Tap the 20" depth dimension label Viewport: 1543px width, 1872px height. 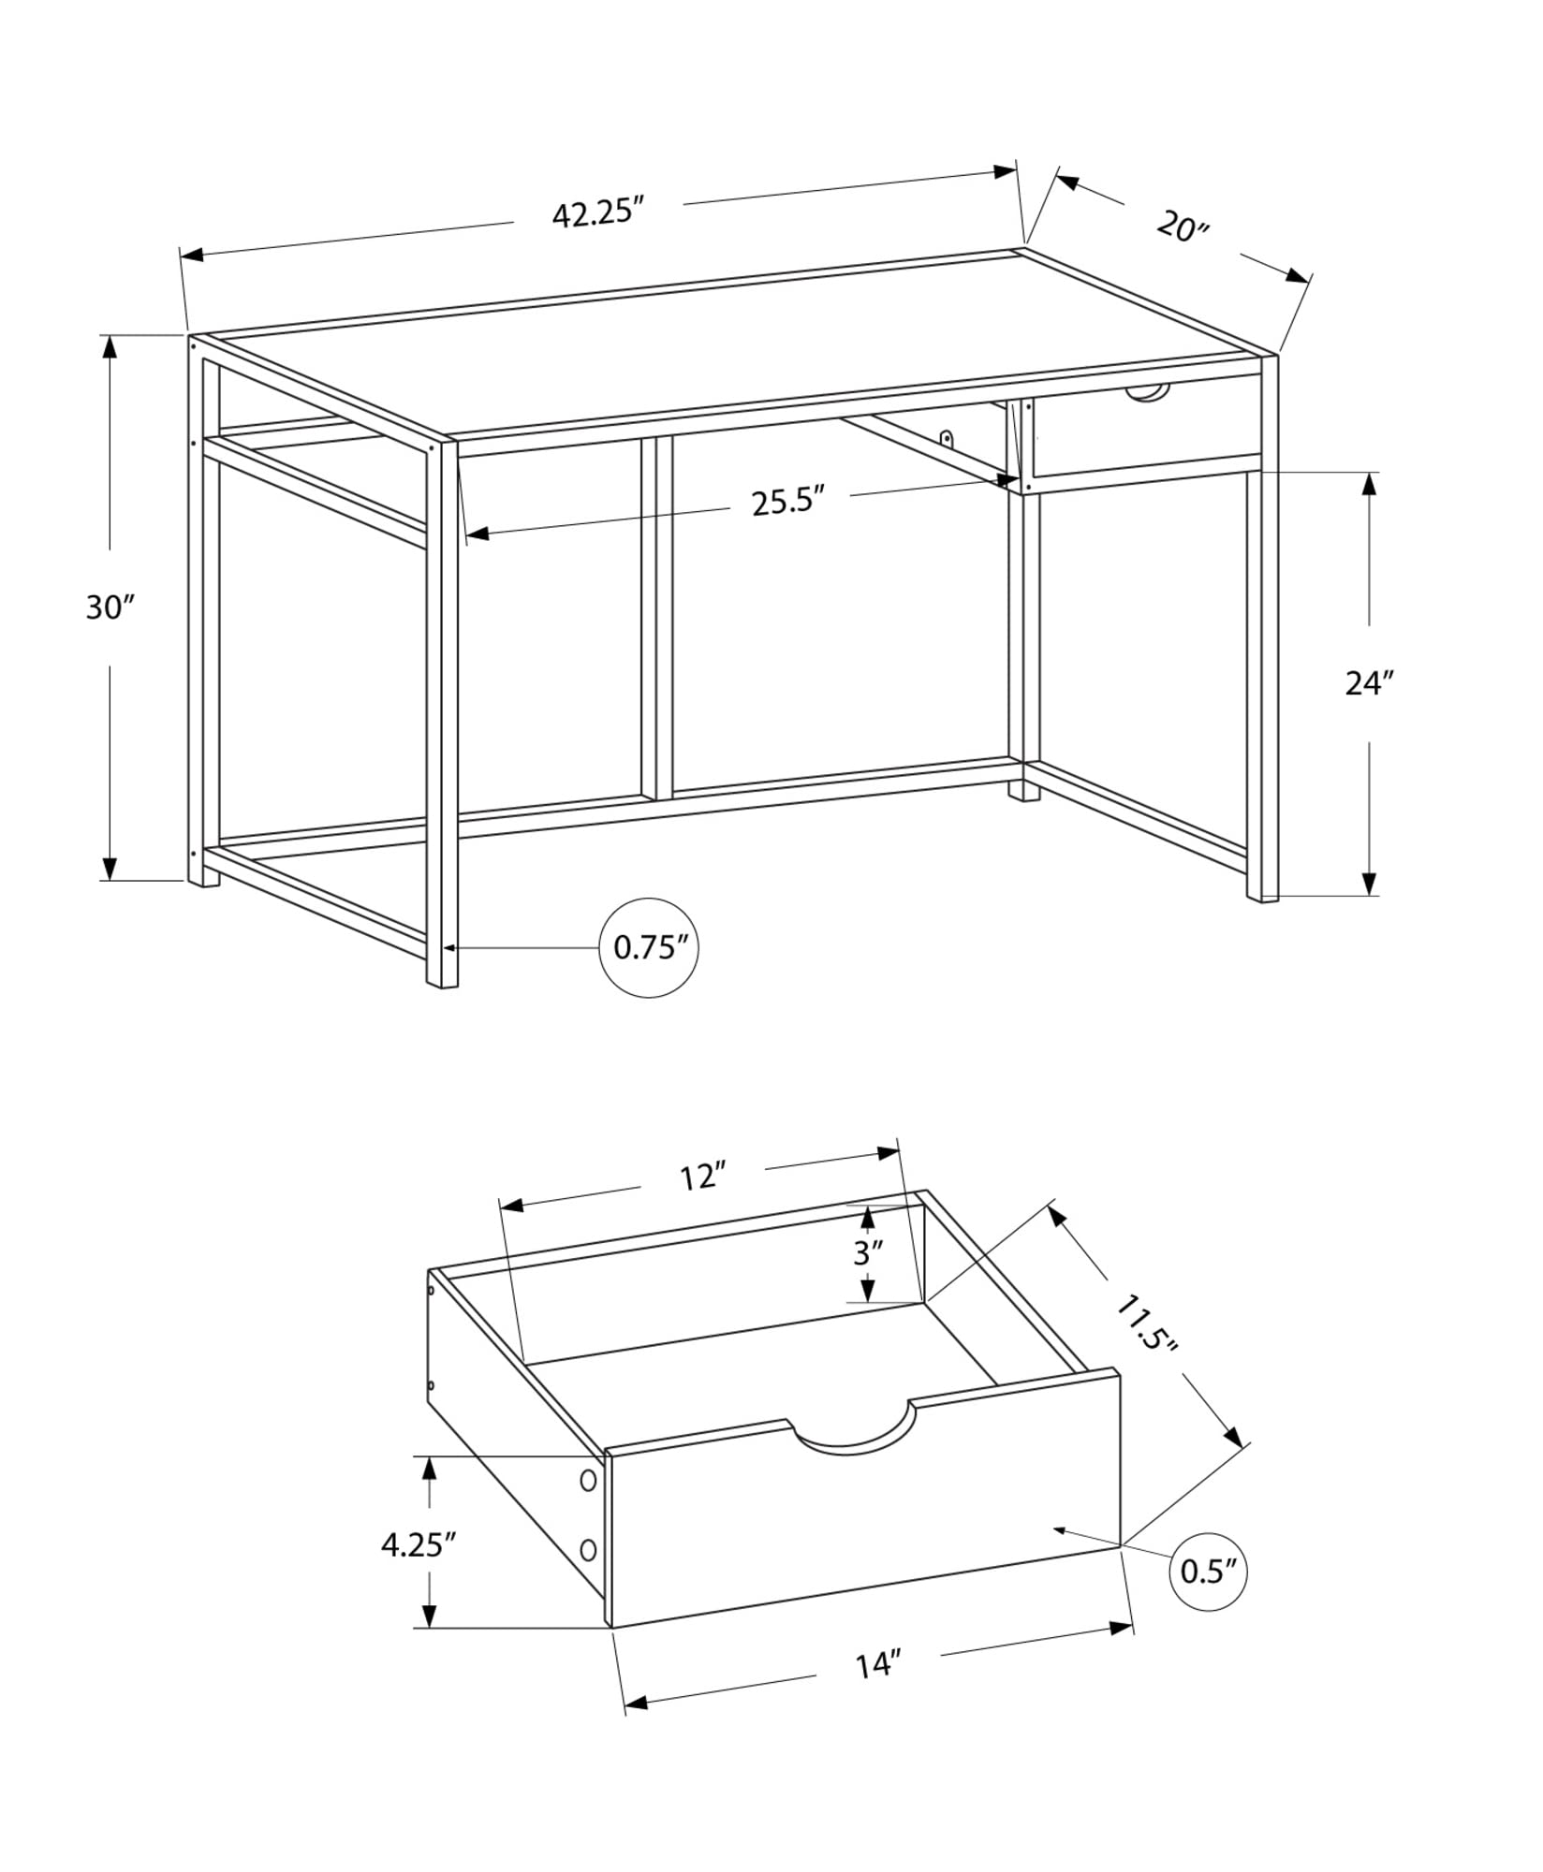point(1183,227)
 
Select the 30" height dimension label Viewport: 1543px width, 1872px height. point(110,607)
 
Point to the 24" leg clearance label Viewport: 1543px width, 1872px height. point(1369,683)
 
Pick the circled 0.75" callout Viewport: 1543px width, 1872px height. point(649,947)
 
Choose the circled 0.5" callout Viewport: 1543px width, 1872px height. point(1208,1572)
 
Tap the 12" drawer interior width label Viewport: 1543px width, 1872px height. point(702,1177)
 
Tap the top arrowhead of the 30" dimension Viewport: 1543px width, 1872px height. point(110,346)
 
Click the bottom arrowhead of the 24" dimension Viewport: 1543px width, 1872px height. point(1369,884)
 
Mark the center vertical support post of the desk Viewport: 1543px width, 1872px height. point(656,618)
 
